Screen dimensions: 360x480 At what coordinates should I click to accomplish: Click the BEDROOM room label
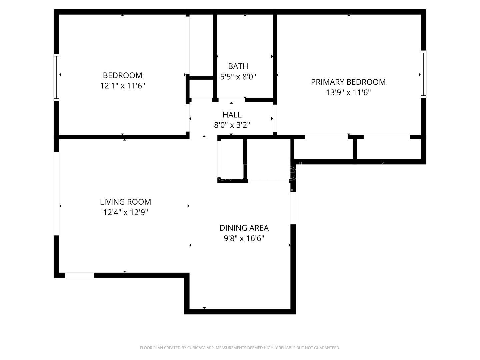coord(122,75)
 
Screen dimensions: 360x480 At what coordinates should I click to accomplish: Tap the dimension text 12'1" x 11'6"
coord(122,86)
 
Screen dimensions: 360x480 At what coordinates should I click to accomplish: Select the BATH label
coord(238,66)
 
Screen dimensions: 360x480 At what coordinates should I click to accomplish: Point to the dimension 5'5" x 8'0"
coord(238,77)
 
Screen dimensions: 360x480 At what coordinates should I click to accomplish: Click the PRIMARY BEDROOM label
coord(348,82)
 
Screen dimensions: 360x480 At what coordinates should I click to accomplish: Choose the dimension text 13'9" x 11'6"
coord(348,93)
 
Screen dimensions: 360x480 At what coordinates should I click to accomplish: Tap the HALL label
coord(232,115)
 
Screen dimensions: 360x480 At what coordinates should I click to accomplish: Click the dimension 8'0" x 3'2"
coord(232,125)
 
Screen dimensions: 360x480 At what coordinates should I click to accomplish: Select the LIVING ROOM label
coord(125,202)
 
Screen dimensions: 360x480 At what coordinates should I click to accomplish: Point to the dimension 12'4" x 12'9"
coord(125,212)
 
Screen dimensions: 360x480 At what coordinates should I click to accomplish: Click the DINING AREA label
coord(244,228)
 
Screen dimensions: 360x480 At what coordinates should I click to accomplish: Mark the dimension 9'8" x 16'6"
coord(244,238)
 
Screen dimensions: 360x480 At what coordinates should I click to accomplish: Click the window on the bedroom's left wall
coord(56,77)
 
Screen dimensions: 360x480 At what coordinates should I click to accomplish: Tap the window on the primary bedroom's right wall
coord(423,74)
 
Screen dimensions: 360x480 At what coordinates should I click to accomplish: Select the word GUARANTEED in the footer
coord(327,348)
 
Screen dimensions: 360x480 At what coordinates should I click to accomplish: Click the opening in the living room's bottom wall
coord(79,275)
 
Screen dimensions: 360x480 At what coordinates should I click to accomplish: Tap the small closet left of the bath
coord(201,89)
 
